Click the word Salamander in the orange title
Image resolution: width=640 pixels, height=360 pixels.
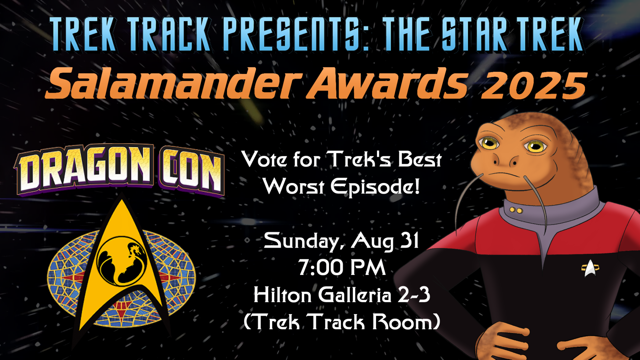pyautogui.click(x=173, y=83)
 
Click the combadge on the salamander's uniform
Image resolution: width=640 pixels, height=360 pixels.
pyautogui.click(x=590, y=268)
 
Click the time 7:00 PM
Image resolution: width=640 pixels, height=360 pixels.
pyautogui.click(x=342, y=268)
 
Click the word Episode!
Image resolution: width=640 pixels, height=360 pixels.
pyautogui.click(x=375, y=187)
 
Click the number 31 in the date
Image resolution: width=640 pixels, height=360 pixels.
pyautogui.click(x=409, y=240)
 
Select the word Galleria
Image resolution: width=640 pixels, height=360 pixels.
pyautogui.click(x=355, y=295)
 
